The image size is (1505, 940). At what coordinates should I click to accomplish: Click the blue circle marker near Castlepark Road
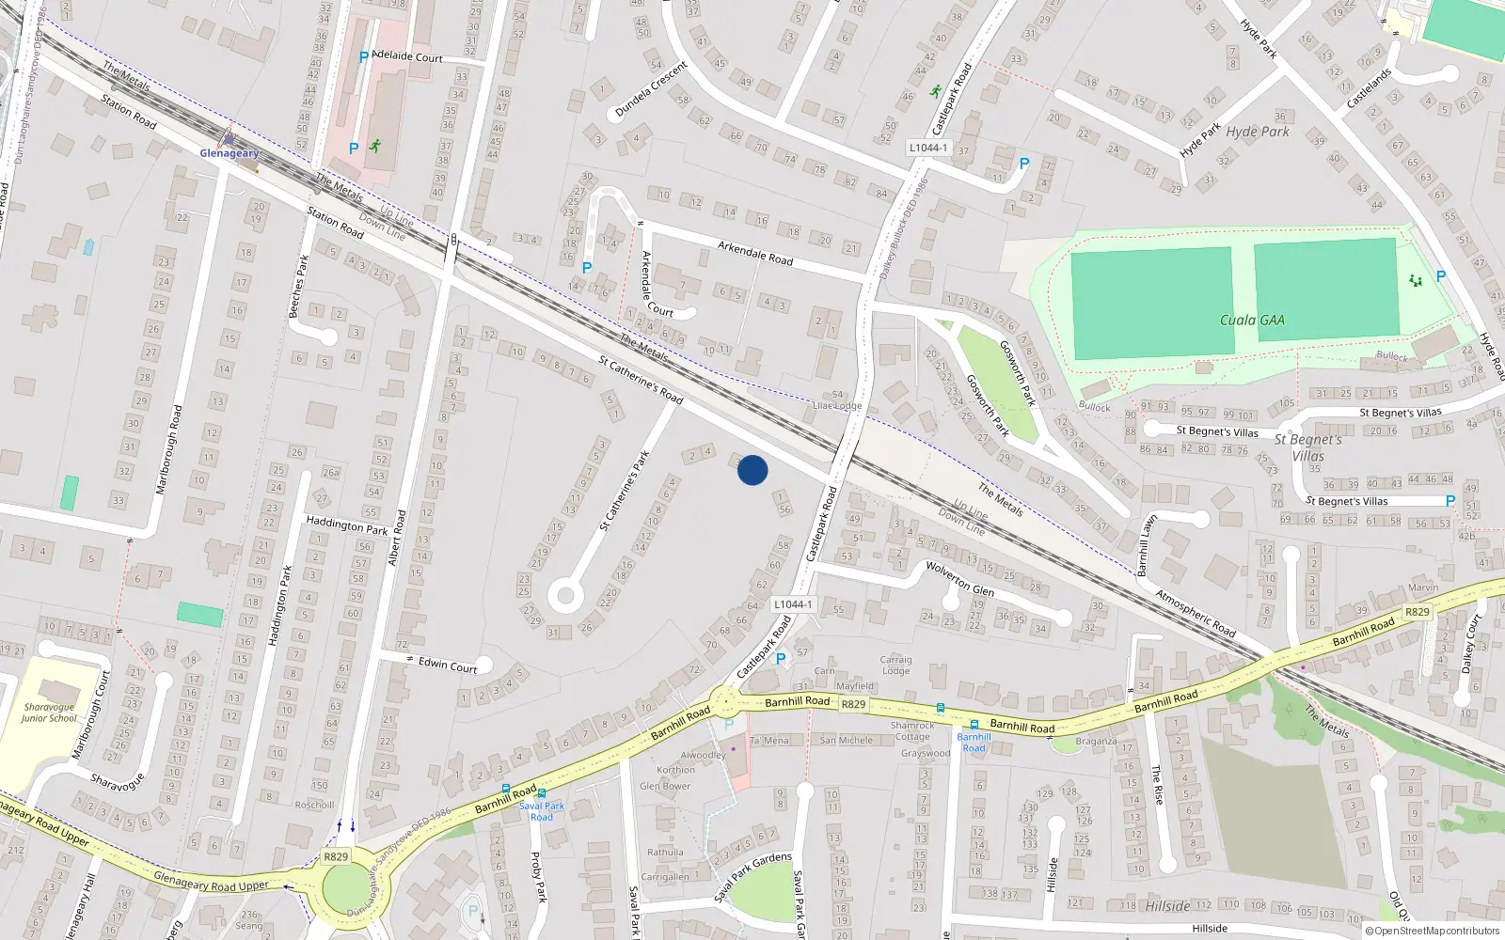pos(752,470)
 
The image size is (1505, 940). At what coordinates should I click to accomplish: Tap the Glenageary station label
pos(229,153)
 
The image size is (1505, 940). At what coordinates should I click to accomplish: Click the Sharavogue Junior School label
pos(49,713)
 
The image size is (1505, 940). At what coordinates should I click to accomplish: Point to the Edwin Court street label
pos(448,665)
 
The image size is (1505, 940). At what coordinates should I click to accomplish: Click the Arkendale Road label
pos(755,253)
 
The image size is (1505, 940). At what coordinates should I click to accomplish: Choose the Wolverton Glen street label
pos(959,578)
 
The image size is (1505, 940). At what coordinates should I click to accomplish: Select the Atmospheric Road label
pos(1196,613)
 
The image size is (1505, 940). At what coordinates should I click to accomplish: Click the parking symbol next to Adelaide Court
pos(364,57)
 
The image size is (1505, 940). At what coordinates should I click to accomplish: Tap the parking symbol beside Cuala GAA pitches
pos(1440,276)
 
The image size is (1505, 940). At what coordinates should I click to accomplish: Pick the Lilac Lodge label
pos(837,406)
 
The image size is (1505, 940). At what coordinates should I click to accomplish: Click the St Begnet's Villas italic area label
pos(1307,447)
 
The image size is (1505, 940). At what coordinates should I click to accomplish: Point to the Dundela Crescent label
pos(651,89)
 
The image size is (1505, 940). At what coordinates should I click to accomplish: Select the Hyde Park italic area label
pos(1258,132)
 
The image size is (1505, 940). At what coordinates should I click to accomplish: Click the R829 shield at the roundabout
pos(336,856)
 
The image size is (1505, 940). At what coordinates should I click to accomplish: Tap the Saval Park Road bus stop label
pos(542,811)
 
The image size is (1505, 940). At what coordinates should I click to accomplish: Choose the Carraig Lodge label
pos(895,665)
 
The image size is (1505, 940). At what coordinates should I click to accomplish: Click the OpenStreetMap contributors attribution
pos(1433,932)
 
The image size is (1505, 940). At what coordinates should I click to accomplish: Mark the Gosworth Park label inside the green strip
pos(988,403)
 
